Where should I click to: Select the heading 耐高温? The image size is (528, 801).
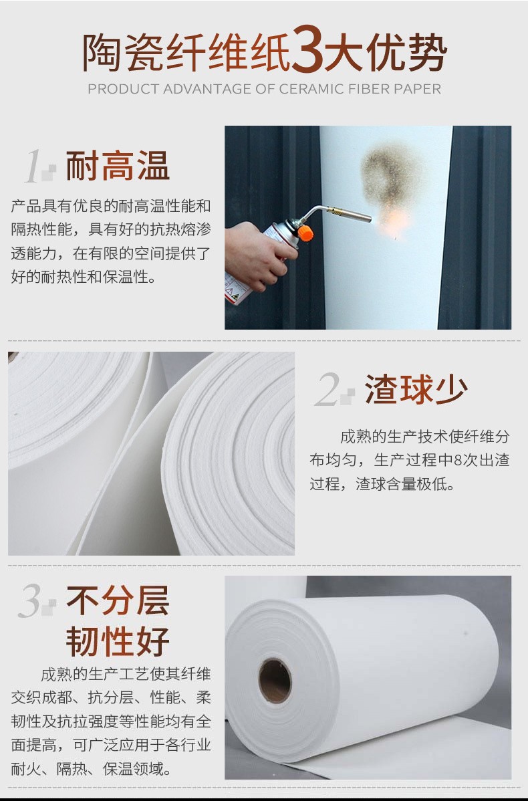[x=118, y=166]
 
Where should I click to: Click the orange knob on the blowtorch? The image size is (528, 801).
[x=305, y=233]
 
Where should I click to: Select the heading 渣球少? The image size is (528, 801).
[x=416, y=389]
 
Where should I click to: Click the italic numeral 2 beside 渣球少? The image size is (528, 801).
[x=328, y=390]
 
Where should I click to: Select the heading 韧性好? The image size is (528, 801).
[x=118, y=642]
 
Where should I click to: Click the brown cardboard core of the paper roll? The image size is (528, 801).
[x=275, y=681]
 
